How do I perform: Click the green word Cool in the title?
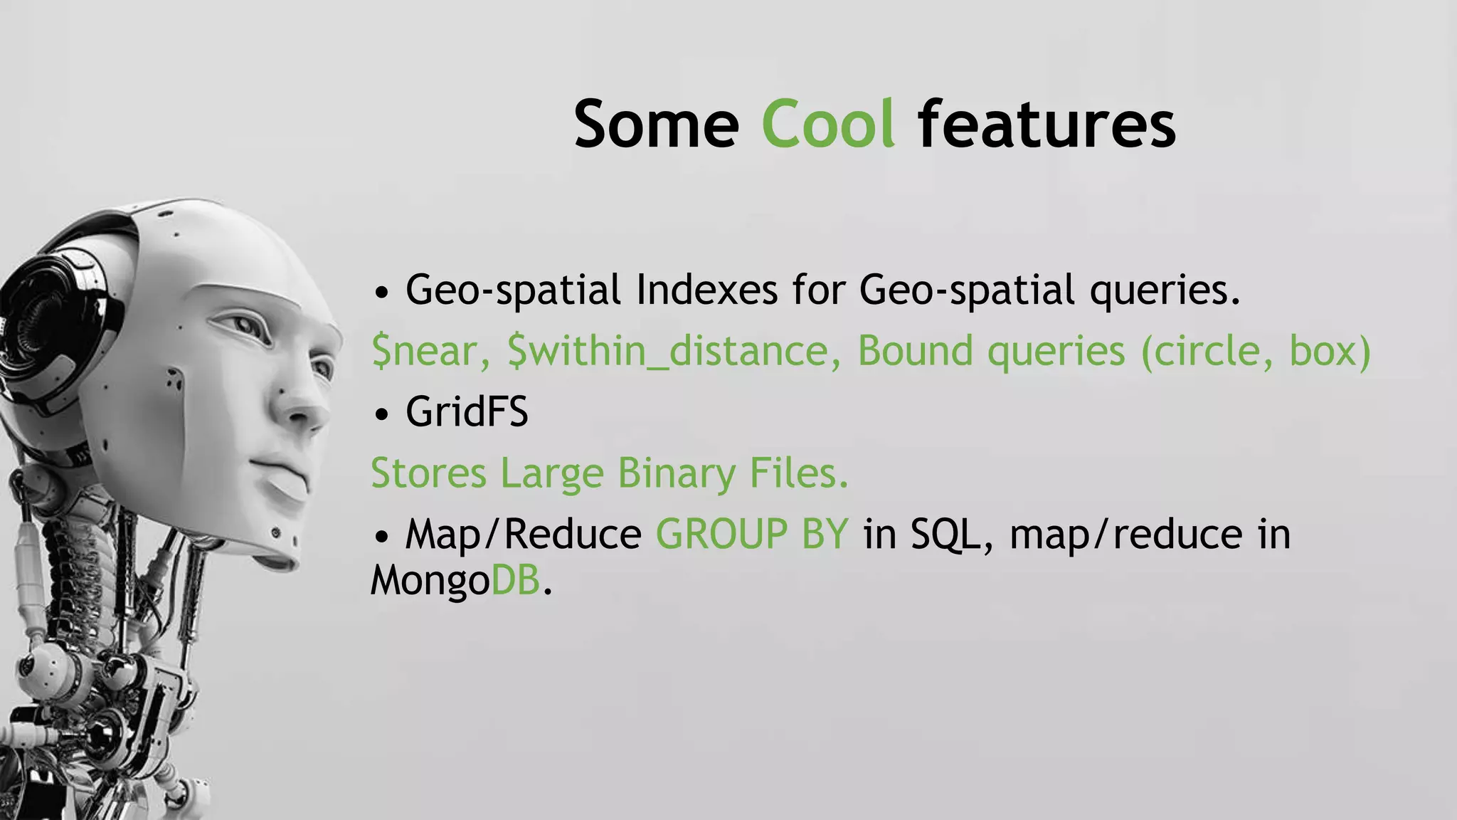827,125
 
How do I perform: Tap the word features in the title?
1047,125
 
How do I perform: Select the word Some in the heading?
656,125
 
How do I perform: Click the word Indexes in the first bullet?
706,290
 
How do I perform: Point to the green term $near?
430,351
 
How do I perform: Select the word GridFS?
467,412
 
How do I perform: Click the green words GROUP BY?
752,534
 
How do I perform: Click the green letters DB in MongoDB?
516,580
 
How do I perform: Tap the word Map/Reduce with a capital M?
523,534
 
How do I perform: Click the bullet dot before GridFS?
382,414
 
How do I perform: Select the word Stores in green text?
428,473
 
